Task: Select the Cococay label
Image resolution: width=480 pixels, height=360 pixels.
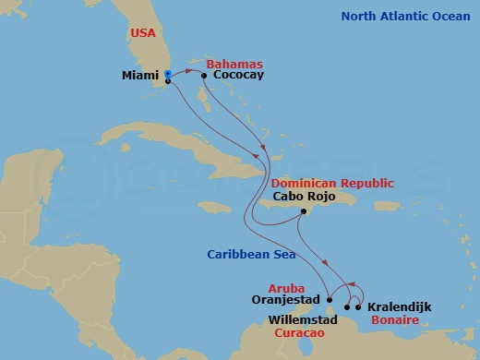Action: pyautogui.click(x=238, y=76)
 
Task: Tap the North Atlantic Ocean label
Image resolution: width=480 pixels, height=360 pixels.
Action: pyautogui.click(x=404, y=16)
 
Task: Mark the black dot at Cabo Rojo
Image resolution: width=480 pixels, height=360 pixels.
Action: pyautogui.click(x=304, y=212)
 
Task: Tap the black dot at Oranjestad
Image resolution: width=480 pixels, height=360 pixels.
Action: pyautogui.click(x=329, y=299)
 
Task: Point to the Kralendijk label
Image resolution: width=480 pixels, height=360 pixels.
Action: pyautogui.click(x=399, y=306)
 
